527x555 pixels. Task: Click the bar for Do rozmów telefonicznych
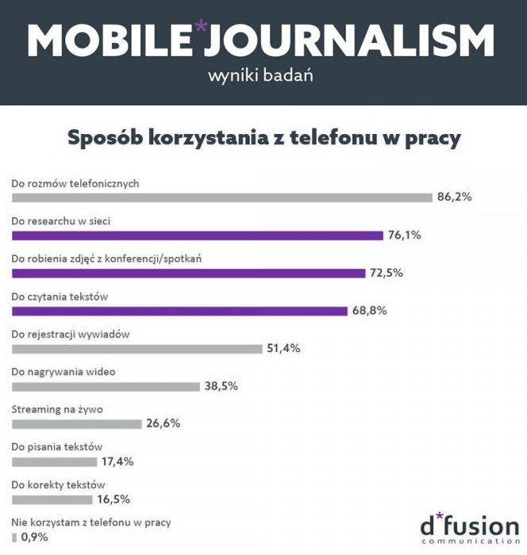pos(221,197)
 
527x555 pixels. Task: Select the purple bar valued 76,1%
pos(198,235)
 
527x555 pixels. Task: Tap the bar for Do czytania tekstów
pos(179,311)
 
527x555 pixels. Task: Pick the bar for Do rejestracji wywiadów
pos(137,349)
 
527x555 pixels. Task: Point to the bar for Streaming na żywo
pos(76,423)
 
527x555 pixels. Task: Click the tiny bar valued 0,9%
pos(14,537)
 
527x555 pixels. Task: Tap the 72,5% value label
pos(387,273)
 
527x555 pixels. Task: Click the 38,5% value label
pos(221,386)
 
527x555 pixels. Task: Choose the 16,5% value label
pos(113,499)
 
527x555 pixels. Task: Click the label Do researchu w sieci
pos(60,220)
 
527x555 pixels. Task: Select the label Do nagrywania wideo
pos(60,371)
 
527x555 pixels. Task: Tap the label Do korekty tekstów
pos(59,484)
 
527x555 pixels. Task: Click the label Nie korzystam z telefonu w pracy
pos(91,522)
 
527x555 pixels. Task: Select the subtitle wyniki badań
pos(260,77)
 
